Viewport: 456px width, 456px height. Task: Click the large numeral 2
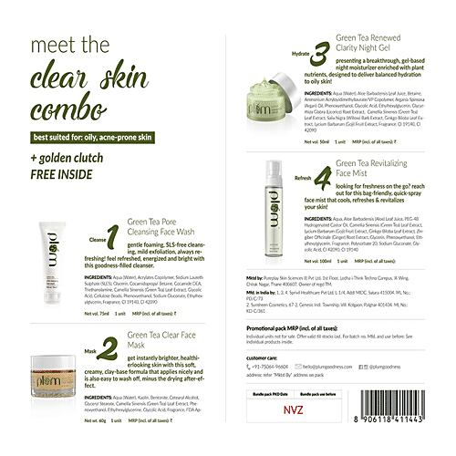(109, 347)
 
